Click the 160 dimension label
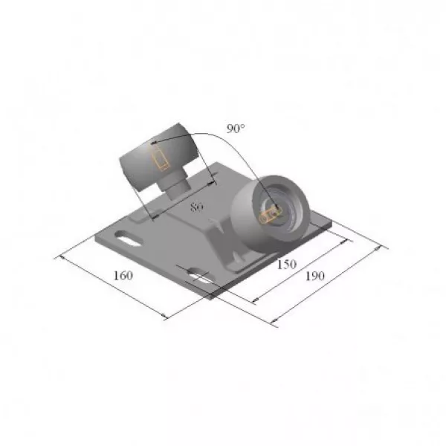123,275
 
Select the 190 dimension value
315,276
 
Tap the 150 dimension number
287,265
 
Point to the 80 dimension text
196,207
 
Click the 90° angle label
236,129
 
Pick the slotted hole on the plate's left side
129,238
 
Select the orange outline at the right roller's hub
269,215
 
